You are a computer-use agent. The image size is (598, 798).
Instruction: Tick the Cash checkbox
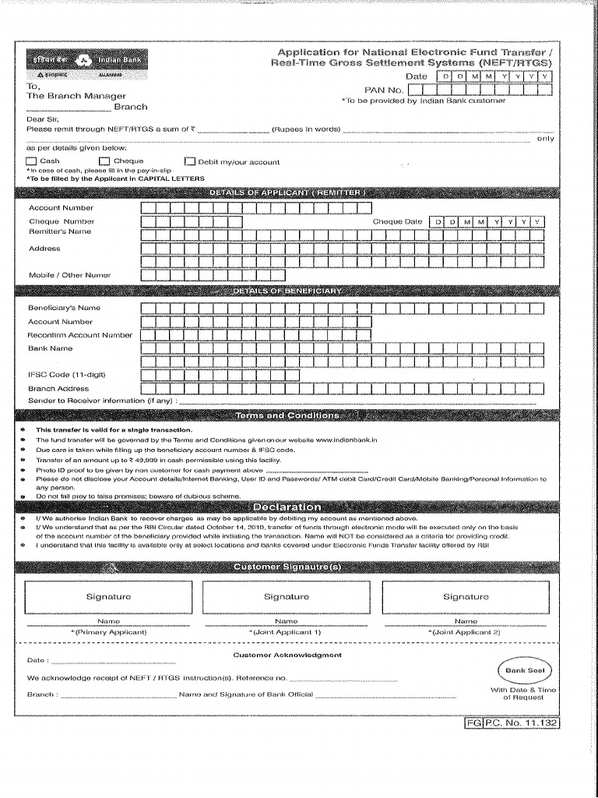point(32,161)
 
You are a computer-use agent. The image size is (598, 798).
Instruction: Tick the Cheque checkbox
point(104,161)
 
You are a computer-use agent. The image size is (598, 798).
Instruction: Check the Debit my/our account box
point(190,162)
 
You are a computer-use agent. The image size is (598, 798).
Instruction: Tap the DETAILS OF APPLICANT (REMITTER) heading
point(287,192)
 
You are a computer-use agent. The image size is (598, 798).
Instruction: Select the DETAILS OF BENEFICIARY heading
point(287,291)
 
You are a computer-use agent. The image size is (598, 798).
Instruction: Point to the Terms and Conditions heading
point(287,415)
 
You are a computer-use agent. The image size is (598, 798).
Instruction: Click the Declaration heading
point(287,507)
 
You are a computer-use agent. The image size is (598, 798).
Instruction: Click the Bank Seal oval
point(528,670)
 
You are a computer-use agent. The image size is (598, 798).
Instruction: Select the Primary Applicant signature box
point(108,597)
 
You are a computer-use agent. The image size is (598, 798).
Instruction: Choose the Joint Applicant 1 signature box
point(287,597)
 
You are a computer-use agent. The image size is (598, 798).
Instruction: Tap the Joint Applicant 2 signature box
point(466,597)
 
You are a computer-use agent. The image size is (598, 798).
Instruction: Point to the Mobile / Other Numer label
point(70,275)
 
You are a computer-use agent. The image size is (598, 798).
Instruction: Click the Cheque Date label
point(397,222)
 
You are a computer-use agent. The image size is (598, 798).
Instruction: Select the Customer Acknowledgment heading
point(287,655)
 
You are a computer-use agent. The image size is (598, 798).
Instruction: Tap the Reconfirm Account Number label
point(80,335)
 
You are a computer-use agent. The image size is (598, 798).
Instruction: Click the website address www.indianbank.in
point(346,440)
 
